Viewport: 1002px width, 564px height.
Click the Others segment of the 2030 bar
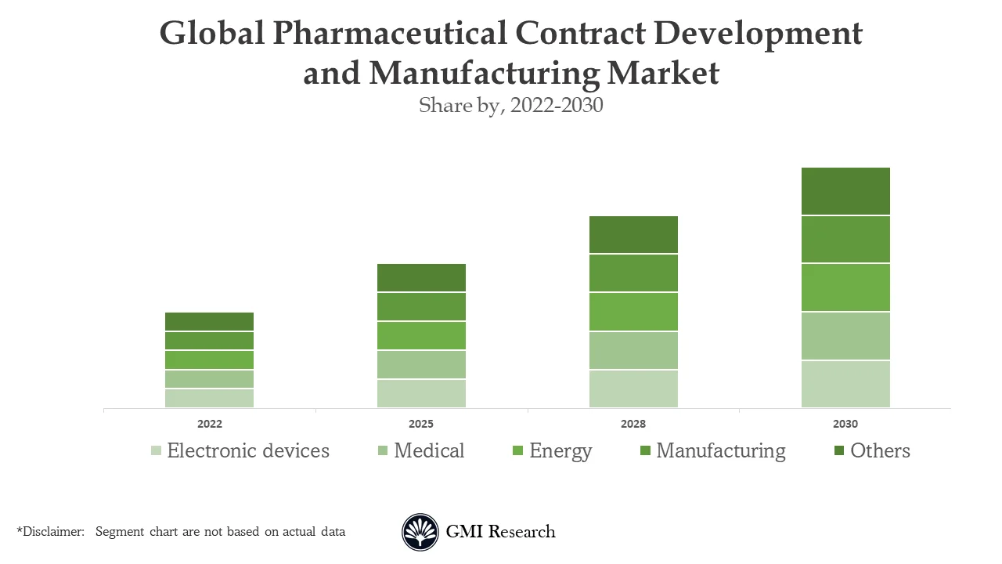pos(845,191)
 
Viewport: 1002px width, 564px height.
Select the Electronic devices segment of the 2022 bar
pos(209,398)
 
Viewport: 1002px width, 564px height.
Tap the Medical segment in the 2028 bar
pos(633,350)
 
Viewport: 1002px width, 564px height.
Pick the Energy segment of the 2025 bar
pos(421,335)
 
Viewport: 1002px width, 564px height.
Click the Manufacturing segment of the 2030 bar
pos(845,239)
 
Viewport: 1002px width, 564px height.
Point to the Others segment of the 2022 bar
pos(209,321)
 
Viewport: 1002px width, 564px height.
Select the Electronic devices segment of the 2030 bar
pos(845,384)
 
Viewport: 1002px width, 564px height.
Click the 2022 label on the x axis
pos(209,424)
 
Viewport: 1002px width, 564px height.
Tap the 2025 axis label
pos(421,424)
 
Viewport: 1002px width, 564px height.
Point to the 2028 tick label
pos(633,424)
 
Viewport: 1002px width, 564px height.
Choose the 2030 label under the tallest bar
pos(845,424)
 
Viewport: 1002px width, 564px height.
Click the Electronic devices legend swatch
pos(157,451)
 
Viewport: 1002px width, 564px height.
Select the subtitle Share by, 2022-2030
pos(510,105)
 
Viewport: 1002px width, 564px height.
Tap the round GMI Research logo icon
pos(420,532)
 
